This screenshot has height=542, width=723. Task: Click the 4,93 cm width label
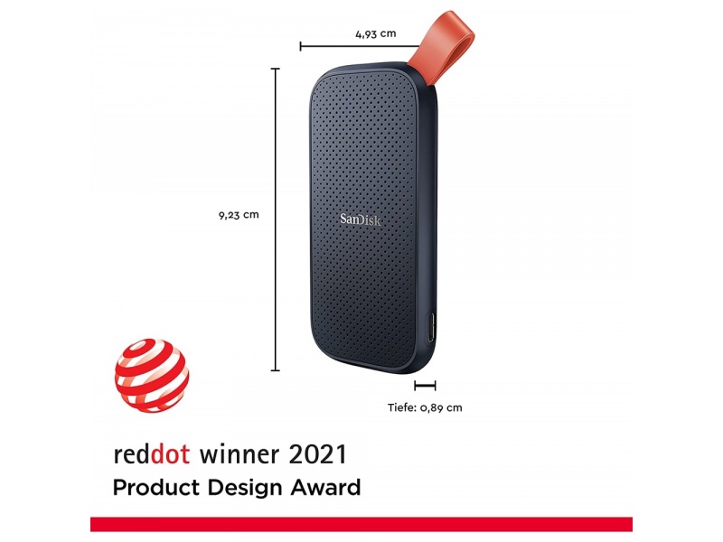click(x=375, y=33)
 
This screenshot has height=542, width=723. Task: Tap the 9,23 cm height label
click(x=239, y=215)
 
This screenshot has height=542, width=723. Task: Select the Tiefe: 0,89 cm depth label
click(x=425, y=407)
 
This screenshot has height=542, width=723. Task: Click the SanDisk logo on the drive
click(x=361, y=220)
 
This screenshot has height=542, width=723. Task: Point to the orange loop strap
click(x=447, y=46)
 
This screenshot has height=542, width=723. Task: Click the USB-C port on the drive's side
click(x=430, y=328)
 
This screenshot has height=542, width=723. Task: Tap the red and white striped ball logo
click(x=152, y=376)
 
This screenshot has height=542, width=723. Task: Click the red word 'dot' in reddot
click(x=170, y=454)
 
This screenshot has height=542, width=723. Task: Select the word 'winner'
click(x=239, y=454)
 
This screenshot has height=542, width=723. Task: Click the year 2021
click(x=317, y=454)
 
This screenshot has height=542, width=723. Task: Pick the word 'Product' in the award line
click(x=156, y=488)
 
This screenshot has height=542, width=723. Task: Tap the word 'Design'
click(x=244, y=489)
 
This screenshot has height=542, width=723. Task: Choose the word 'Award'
click(x=325, y=488)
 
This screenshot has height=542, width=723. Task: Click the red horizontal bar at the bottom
click(x=361, y=525)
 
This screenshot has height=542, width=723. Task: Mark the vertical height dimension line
click(x=276, y=220)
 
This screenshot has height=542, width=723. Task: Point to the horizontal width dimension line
click(x=360, y=46)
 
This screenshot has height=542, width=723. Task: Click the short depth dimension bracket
click(x=425, y=386)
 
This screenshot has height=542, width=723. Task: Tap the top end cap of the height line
click(x=276, y=69)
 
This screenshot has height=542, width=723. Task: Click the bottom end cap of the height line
click(x=276, y=369)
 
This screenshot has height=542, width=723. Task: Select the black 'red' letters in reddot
click(x=132, y=454)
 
